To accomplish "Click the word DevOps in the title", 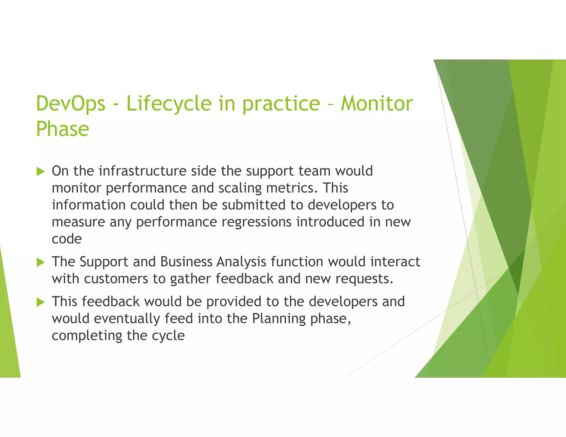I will point(71,104).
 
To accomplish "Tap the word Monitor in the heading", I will point(377,104).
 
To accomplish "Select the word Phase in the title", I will point(62,129).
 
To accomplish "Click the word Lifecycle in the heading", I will point(169,104).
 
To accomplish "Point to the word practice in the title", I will point(281,104).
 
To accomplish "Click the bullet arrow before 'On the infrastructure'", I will point(41,172).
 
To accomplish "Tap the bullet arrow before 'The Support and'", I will point(41,262).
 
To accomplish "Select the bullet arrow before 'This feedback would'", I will point(41,302).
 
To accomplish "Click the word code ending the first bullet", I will point(67,239).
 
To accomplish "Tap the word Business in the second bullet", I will point(186,262).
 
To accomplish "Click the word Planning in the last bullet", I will point(279,319).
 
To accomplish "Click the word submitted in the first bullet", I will point(253,205).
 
